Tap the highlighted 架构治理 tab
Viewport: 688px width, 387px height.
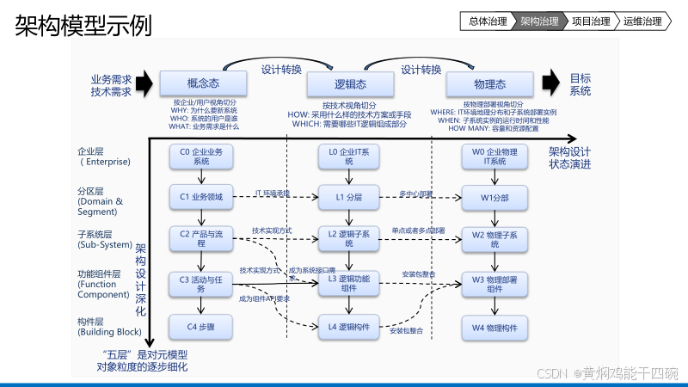point(540,21)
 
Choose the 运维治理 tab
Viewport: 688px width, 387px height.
point(642,21)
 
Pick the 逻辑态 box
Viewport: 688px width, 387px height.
point(349,84)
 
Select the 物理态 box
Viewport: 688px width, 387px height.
point(488,84)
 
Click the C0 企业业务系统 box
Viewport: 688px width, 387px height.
point(201,156)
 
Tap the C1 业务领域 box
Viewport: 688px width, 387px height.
point(201,198)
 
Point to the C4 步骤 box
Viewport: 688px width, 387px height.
point(201,327)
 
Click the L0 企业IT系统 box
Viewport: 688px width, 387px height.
point(349,156)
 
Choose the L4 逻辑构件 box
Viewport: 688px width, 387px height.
point(349,327)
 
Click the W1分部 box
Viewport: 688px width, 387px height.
point(494,198)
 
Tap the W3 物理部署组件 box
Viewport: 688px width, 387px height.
point(494,284)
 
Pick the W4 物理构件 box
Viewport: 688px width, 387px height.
point(494,327)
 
